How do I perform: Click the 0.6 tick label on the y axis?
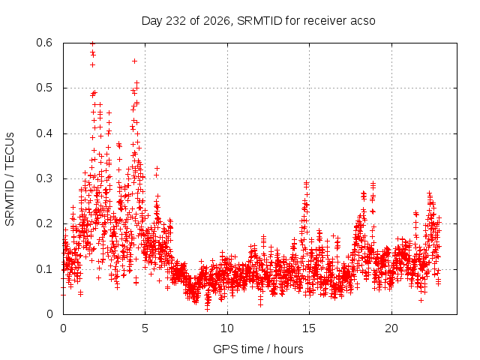pyautogui.click(x=44, y=43)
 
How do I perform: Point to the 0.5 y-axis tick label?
pyautogui.click(x=44, y=88)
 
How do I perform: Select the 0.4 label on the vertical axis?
pyautogui.click(x=44, y=133)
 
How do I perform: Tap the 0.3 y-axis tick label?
pyautogui.click(x=44, y=178)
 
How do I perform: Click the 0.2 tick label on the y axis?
pyautogui.click(x=44, y=223)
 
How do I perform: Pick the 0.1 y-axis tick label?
pyautogui.click(x=44, y=269)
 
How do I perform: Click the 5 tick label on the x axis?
pyautogui.click(x=145, y=328)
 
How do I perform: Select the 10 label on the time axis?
pyautogui.click(x=226, y=328)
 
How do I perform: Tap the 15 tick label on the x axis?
pyautogui.click(x=309, y=328)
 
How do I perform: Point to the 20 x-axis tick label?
pyautogui.click(x=391, y=328)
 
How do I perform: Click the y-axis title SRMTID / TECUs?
pyautogui.click(x=10, y=179)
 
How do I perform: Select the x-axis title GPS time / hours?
pyautogui.click(x=258, y=349)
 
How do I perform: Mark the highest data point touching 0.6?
pyautogui.click(x=92, y=43)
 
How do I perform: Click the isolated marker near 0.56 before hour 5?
pyautogui.click(x=134, y=61)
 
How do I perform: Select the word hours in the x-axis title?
pyautogui.click(x=288, y=349)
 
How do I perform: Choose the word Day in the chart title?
pyautogui.click(x=152, y=21)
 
